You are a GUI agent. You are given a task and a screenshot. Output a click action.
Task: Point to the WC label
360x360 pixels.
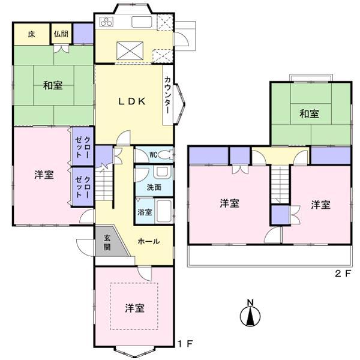[153, 154]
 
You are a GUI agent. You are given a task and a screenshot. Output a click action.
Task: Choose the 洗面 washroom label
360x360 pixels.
[154, 187]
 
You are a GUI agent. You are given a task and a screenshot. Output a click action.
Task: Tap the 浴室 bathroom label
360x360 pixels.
[145, 212]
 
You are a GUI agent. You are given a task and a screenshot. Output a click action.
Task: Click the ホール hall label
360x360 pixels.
[148, 241]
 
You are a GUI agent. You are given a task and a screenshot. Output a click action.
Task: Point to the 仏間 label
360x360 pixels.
[60, 34]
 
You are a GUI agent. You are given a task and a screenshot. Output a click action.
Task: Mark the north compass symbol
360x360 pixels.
[250, 313]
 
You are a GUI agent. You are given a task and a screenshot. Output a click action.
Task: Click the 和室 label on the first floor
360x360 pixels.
[53, 85]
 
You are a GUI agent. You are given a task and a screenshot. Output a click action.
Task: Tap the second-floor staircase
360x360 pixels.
[280, 185]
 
